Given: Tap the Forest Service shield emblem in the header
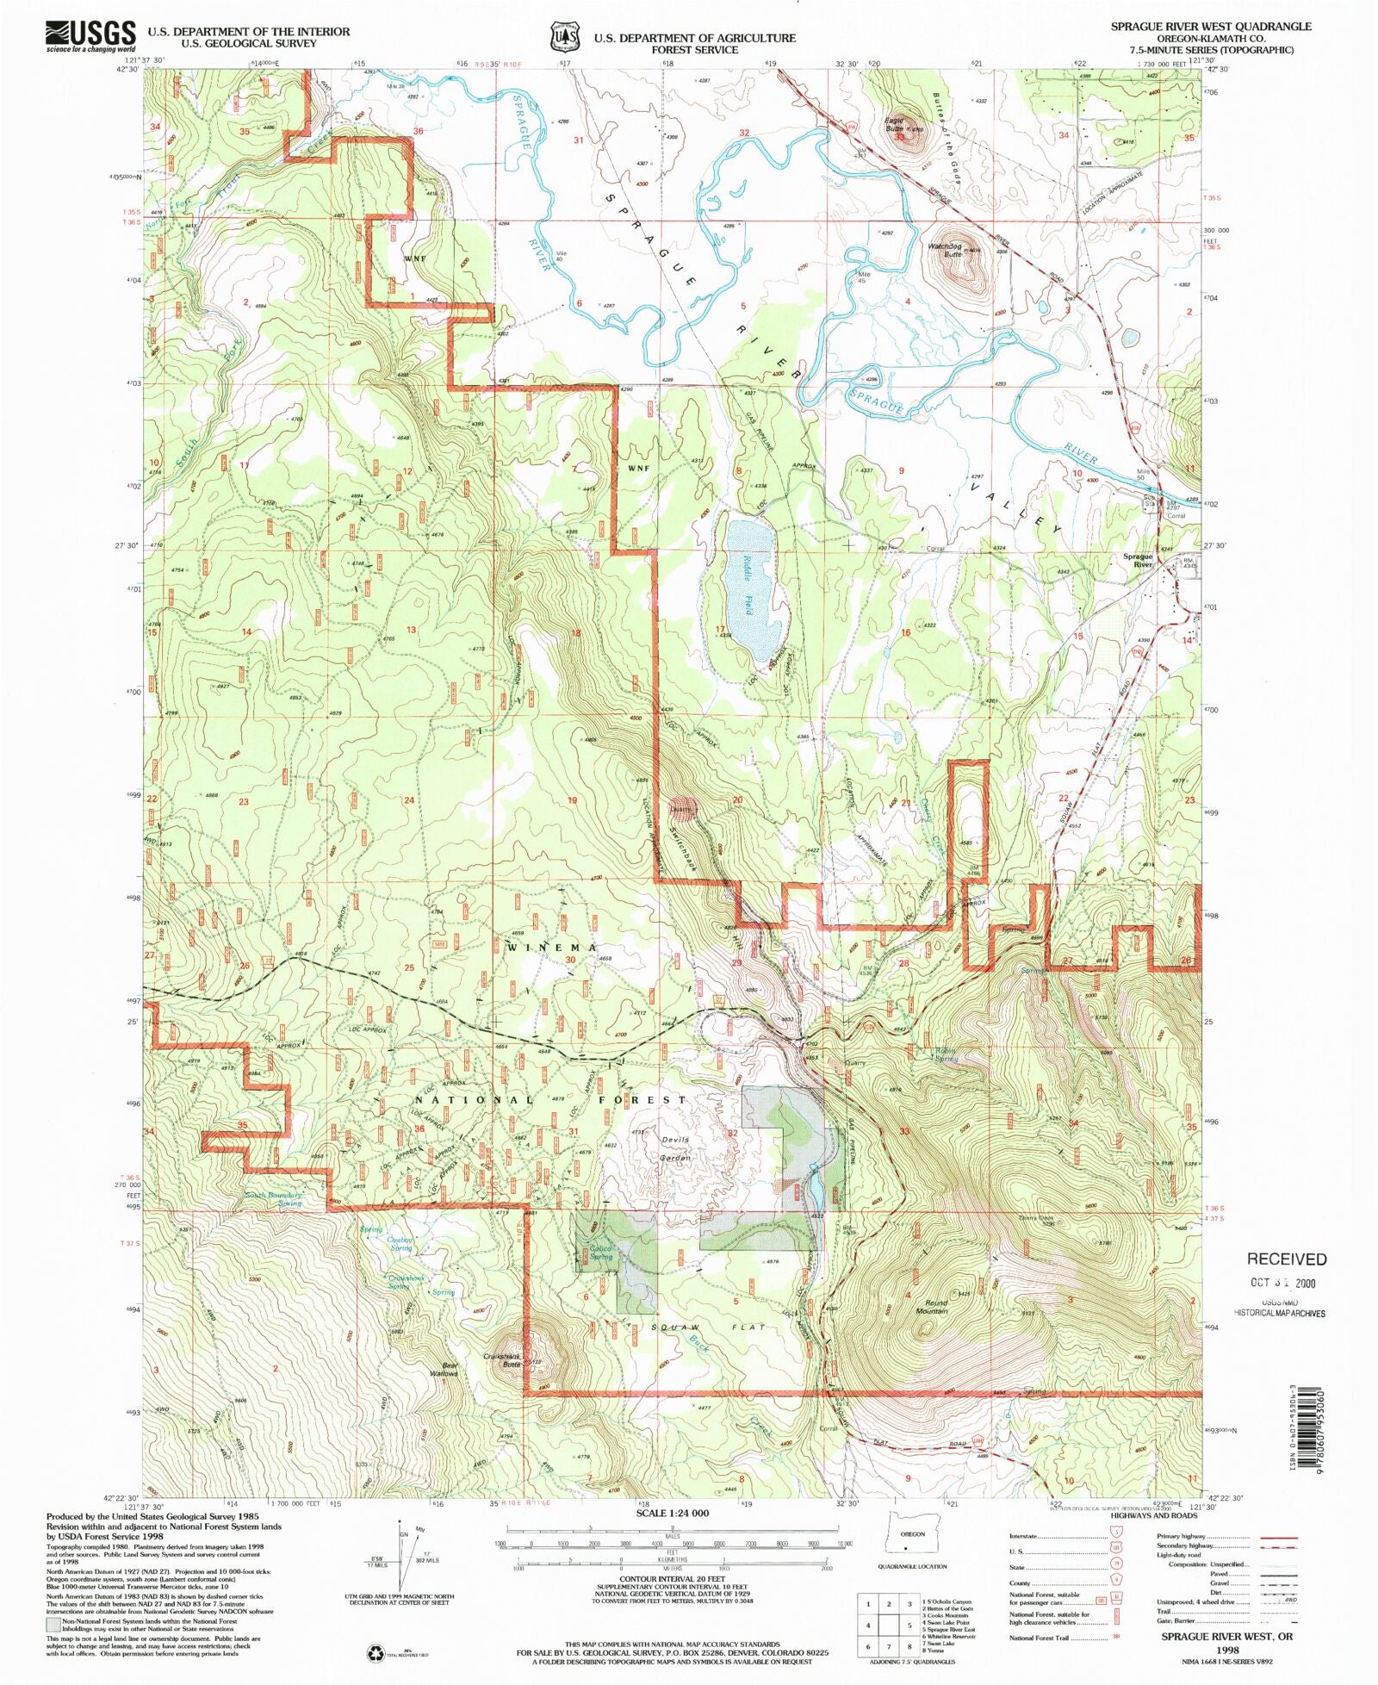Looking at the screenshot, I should [x=564, y=39].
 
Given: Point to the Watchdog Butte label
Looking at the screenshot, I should [x=945, y=250].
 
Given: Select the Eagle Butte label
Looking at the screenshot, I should [x=894, y=124].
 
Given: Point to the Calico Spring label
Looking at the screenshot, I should [x=600, y=1252].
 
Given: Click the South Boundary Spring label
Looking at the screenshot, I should [x=274, y=1198].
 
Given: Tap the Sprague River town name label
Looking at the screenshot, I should [x=1138, y=560].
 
